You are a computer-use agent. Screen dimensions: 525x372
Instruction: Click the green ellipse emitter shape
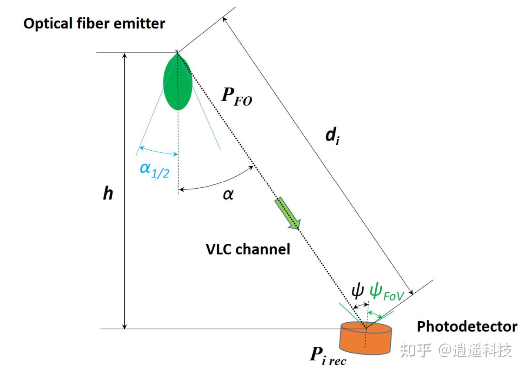click(x=178, y=82)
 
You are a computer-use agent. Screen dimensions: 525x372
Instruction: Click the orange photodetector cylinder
click(x=366, y=338)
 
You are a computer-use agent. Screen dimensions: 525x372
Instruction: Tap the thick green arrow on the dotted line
click(x=288, y=213)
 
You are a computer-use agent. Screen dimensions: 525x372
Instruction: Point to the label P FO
click(x=236, y=97)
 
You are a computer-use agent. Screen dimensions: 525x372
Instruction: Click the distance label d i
click(x=333, y=136)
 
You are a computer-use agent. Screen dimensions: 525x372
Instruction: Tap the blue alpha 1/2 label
click(x=154, y=170)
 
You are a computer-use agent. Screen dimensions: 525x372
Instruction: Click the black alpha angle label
click(x=228, y=194)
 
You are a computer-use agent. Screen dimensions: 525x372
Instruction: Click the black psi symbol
click(x=358, y=292)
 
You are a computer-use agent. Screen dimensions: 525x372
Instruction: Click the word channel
click(x=263, y=249)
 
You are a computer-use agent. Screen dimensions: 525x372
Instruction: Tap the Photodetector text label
click(x=467, y=327)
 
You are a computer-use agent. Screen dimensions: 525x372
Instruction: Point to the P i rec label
click(x=328, y=355)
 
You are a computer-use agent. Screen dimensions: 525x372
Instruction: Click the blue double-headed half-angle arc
click(x=158, y=151)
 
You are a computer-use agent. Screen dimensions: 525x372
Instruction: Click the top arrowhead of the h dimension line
click(x=125, y=55)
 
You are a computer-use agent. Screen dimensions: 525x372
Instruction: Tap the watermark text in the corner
click(x=456, y=350)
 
